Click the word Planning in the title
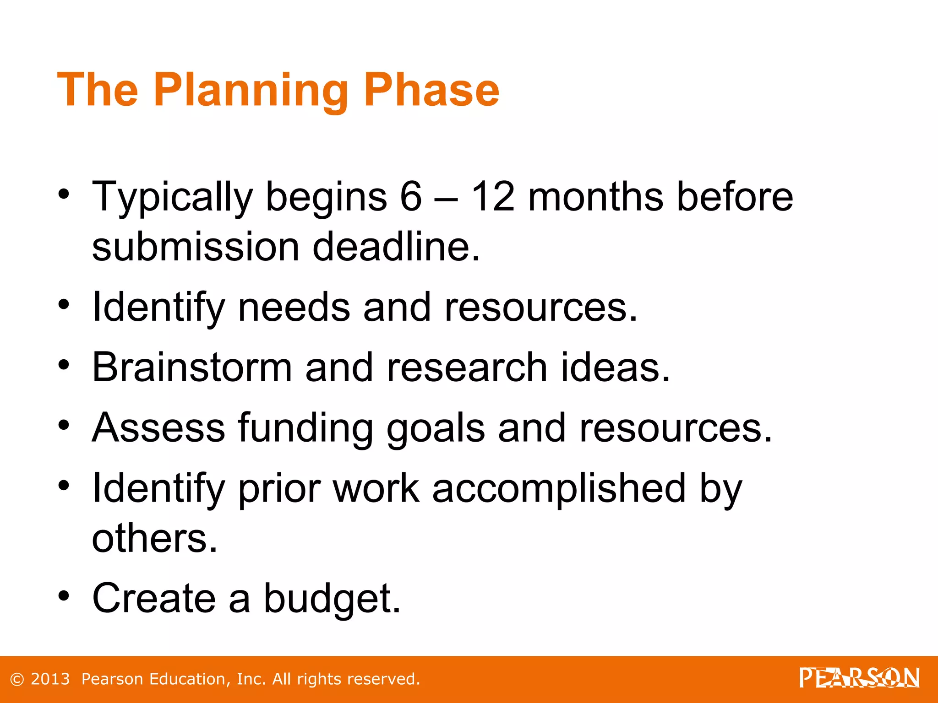251,90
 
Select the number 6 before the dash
410,197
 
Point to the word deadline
396,247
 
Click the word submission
196,247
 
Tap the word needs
294,308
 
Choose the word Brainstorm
192,368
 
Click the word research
467,368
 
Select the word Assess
158,428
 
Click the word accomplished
559,488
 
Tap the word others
154,538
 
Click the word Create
154,599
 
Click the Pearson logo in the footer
859,678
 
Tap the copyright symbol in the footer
17,679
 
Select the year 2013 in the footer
50,679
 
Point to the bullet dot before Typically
64,194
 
